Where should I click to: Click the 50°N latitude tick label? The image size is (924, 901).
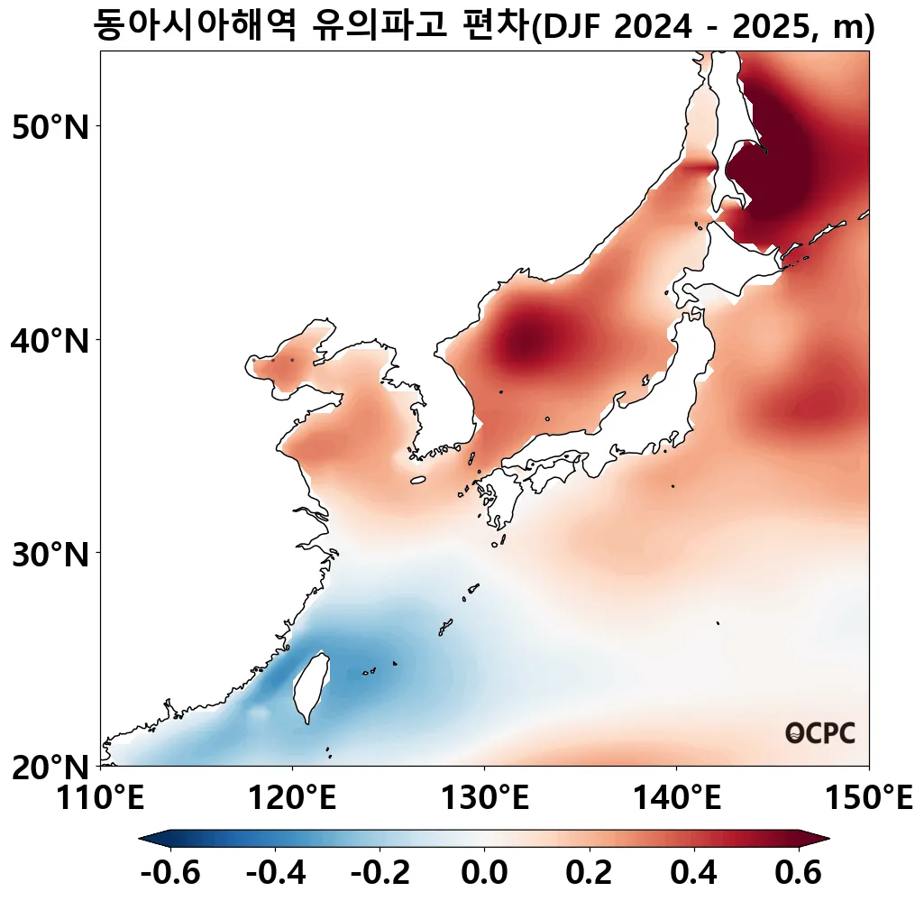tap(52, 127)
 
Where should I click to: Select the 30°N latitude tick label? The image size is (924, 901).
tap(52, 554)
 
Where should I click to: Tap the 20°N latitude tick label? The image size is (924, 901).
tap(52, 768)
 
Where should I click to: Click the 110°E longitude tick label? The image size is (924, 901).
tap(101, 798)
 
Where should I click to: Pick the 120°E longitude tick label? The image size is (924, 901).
tap(292, 798)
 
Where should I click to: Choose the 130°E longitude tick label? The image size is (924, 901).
tap(484, 798)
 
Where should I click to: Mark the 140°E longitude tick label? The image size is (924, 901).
tap(676, 798)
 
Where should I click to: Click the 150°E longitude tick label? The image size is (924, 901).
tap(868, 798)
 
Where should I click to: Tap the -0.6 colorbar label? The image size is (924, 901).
tap(170, 872)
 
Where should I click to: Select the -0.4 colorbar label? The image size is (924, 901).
tap(275, 872)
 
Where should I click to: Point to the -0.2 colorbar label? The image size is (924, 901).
tap(380, 872)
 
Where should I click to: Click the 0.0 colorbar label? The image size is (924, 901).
tap(484, 872)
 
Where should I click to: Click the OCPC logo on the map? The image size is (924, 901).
tap(819, 733)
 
